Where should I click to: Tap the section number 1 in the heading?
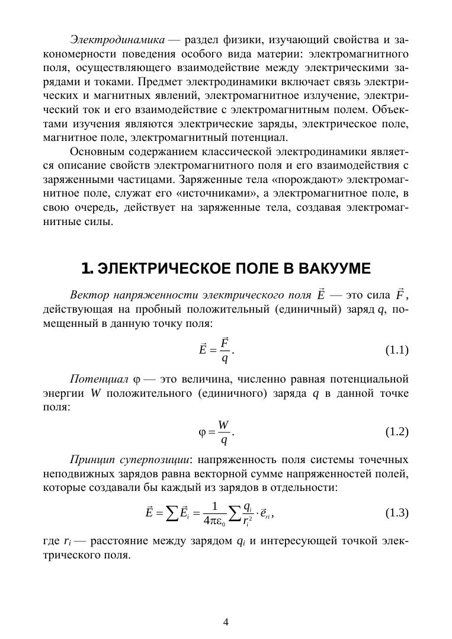(86, 269)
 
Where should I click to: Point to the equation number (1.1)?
(397, 350)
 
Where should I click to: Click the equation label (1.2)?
(397, 432)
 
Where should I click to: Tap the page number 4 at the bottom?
(226, 622)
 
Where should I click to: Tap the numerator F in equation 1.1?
(225, 343)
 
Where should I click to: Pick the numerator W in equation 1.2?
(223, 425)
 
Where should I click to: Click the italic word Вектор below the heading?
(87, 296)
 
